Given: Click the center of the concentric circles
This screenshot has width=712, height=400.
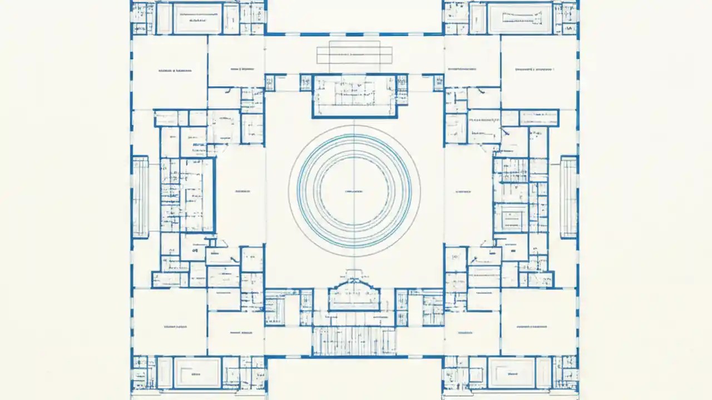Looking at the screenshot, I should click(354, 191).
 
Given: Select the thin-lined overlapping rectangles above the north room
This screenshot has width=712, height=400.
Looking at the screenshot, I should click(354, 55).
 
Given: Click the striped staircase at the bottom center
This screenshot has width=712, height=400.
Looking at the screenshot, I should click(354, 340).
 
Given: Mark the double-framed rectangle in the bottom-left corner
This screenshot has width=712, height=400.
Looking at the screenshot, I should click(197, 372).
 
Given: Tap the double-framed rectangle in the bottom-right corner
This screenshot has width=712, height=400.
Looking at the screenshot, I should click(512, 372).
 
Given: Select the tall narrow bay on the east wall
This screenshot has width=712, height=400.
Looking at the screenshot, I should click(569, 197).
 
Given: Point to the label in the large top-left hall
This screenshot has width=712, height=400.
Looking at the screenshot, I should click(175, 71).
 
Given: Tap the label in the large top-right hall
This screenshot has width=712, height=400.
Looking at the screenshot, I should click(535, 71).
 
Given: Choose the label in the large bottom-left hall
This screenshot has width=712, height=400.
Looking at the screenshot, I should click(177, 327).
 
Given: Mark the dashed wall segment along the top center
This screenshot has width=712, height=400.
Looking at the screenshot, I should click(354, 34).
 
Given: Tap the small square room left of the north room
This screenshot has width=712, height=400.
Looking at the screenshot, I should click(270, 83).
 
